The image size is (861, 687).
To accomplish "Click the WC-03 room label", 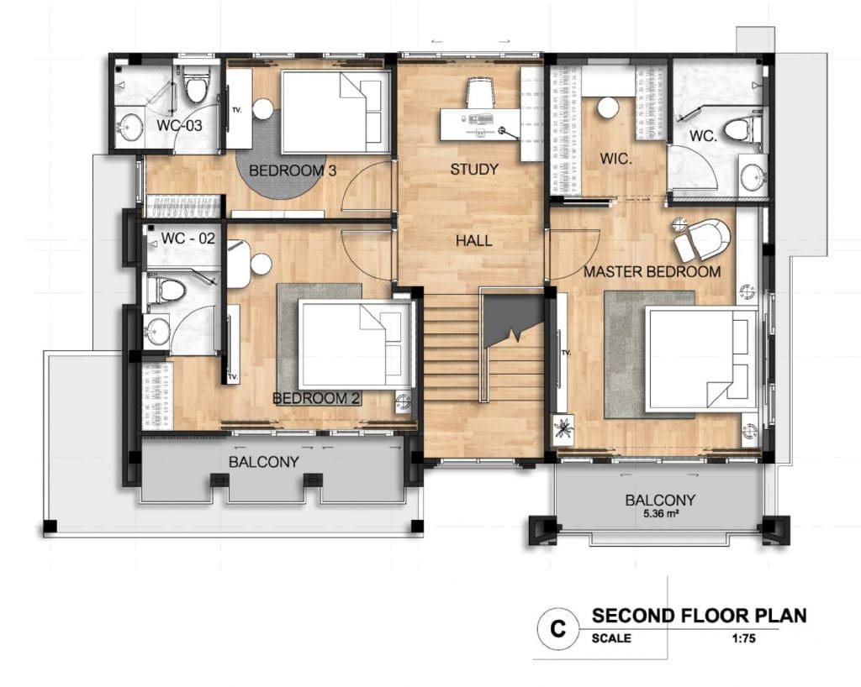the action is [179, 125].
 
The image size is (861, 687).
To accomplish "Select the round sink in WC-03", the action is [131, 127].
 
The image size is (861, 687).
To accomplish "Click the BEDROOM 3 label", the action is [292, 170].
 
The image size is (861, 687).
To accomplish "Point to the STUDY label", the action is [474, 170].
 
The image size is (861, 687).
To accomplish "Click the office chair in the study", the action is [481, 92].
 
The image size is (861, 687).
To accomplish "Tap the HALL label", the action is [474, 240].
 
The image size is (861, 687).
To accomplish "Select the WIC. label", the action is [616, 159].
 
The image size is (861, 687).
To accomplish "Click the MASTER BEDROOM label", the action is [652, 271].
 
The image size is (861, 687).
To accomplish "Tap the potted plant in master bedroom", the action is [563, 427].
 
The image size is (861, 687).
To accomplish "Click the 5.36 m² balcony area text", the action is [660, 514].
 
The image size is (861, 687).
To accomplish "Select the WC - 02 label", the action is [188, 239].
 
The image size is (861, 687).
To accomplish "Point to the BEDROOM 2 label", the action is [316, 398].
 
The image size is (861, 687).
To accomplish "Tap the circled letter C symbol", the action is [558, 628].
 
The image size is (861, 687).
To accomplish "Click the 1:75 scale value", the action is [743, 638].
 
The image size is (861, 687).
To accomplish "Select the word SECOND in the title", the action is [633, 616].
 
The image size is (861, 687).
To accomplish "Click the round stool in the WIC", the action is [608, 108].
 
